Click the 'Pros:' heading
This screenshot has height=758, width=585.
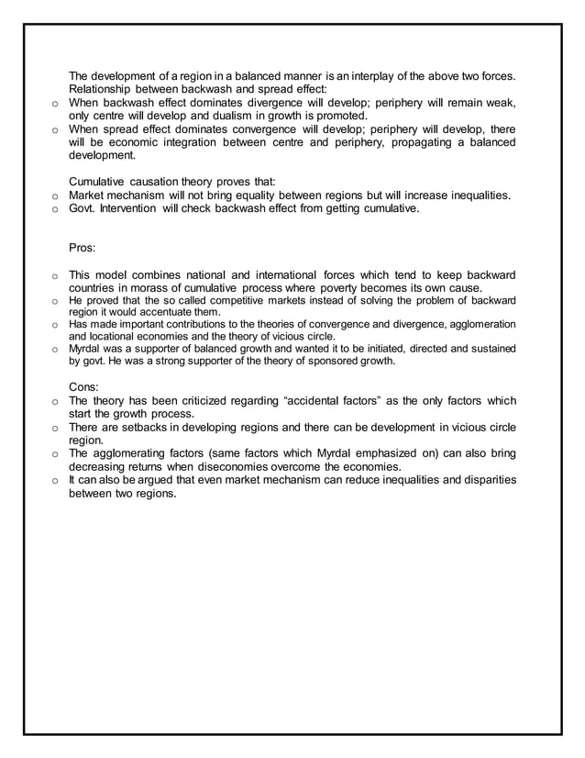pyautogui.click(x=83, y=248)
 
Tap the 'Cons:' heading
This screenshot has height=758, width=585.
pyautogui.click(x=85, y=387)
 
